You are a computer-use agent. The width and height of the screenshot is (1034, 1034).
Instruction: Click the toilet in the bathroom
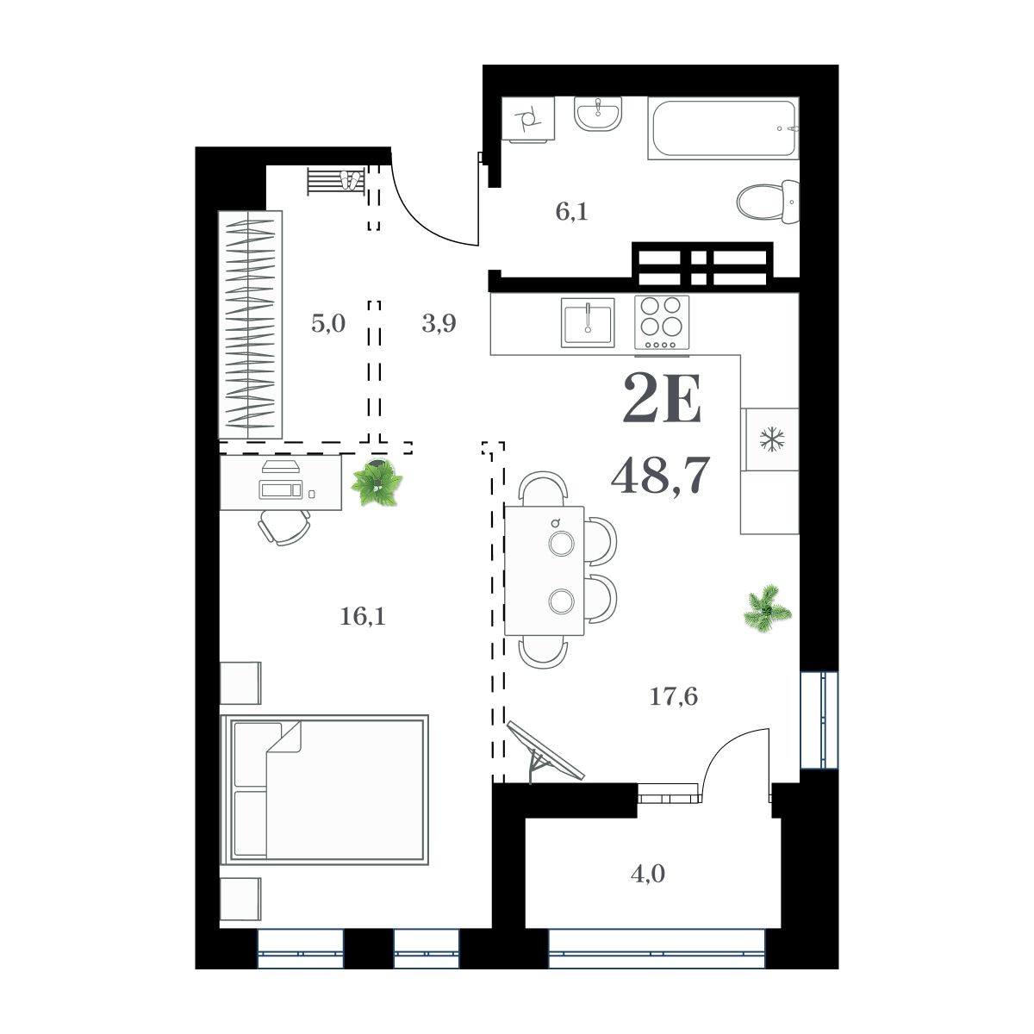pyautogui.click(x=767, y=202)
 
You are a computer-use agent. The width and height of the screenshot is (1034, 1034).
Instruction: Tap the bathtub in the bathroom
pyautogui.click(x=723, y=129)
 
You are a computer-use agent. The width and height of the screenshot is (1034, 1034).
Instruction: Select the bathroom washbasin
pyautogui.click(x=597, y=113)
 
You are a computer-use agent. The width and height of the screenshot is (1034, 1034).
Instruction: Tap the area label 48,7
pyautogui.click(x=659, y=475)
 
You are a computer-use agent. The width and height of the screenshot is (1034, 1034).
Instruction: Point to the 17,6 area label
pyautogui.click(x=673, y=696)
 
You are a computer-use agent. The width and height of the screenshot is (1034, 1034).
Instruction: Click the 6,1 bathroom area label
pyautogui.click(x=570, y=210)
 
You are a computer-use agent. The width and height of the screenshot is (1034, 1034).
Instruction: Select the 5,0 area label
pyautogui.click(x=327, y=324)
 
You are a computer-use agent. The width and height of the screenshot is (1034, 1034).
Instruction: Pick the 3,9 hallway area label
pyautogui.click(x=439, y=324)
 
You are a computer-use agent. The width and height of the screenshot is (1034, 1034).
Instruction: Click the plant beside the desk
pyautogui.click(x=377, y=483)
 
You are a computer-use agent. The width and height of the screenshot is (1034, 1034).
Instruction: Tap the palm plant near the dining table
pyautogui.click(x=767, y=607)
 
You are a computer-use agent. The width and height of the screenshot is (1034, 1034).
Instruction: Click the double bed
pyautogui.click(x=325, y=788)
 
